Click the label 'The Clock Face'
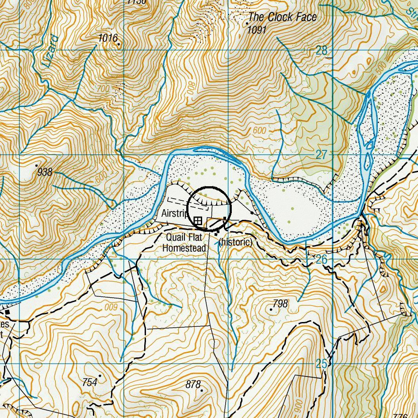pyautogui.click(x=283, y=17)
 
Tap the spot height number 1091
pyautogui.click(x=257, y=30)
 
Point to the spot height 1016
pyautogui.click(x=108, y=38)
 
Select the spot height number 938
pyautogui.click(x=45, y=172)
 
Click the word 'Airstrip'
pyautogui.click(x=175, y=214)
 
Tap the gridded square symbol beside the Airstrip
pyautogui.click(x=198, y=220)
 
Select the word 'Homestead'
pyautogui.click(x=184, y=248)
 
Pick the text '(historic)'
pyautogui.click(x=236, y=242)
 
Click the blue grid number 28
pyautogui.click(x=322, y=51)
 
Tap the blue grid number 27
pyautogui.click(x=322, y=155)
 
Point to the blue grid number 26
pyautogui.click(x=321, y=259)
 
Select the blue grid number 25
pyautogui.click(x=322, y=364)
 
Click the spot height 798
pyautogui.click(x=280, y=303)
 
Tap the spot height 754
pyautogui.click(x=90, y=382)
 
